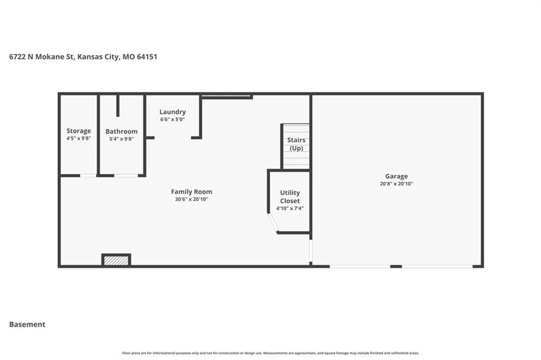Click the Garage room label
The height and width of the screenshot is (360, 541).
coord(396,176)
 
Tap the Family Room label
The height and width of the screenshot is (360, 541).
coord(191,192)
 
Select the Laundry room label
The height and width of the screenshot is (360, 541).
coord(173,112)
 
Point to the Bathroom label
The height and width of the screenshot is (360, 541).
coord(122,131)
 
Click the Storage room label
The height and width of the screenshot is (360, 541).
coord(79,131)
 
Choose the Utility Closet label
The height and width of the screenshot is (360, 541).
coord(290,196)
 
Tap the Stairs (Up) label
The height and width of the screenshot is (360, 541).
coord(296,144)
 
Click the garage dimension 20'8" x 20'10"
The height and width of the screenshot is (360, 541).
coord(396,184)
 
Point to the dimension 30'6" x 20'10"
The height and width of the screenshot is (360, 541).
coord(191,200)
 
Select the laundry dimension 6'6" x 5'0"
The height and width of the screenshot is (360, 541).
coord(173,120)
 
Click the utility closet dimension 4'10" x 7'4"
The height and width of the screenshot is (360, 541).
coord(290,209)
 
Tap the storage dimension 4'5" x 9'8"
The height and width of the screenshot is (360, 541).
coord(79,139)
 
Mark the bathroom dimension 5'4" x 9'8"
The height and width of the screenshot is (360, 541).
coord(122,139)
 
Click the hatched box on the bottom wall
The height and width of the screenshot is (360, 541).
coord(116,260)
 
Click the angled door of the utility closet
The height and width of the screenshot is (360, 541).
coord(273,222)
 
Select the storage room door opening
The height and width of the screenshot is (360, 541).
coord(88,176)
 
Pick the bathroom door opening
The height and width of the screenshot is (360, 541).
coord(126,176)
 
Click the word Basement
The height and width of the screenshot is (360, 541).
coord(27,325)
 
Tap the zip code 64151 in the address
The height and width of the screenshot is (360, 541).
coord(147,56)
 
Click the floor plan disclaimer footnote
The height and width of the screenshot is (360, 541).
coord(270,353)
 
